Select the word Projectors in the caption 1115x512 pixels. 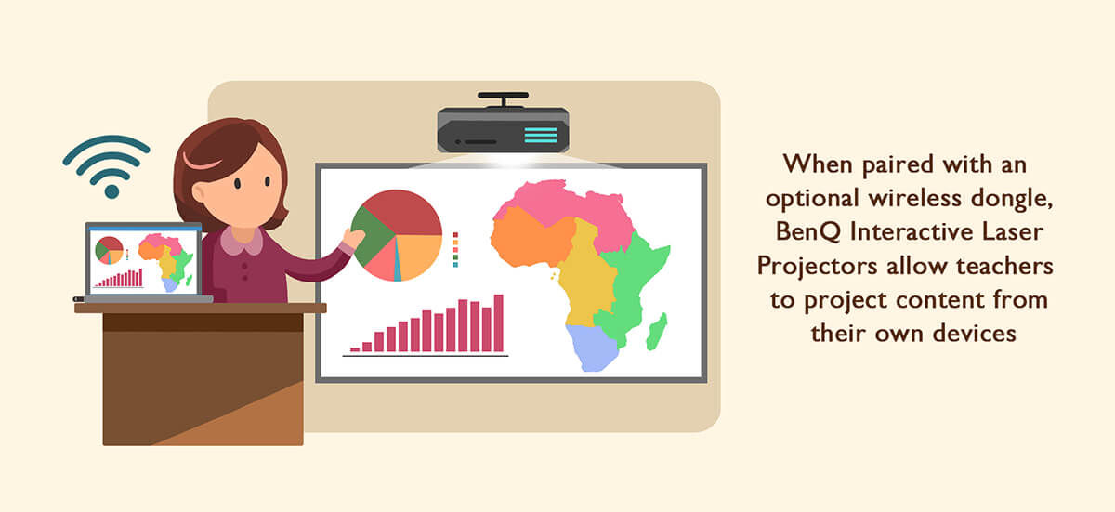click(817, 266)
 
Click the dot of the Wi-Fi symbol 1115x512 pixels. click(112, 191)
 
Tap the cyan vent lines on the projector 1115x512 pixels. click(541, 135)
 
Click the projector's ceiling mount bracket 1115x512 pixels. click(504, 98)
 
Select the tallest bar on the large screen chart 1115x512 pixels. click(498, 323)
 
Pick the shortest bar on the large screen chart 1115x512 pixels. click(355, 349)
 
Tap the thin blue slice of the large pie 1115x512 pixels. click(398, 261)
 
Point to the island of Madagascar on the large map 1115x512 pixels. click(657, 332)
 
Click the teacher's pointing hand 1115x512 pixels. click(353, 238)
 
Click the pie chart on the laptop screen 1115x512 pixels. click(109, 250)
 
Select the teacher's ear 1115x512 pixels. click(199, 192)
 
